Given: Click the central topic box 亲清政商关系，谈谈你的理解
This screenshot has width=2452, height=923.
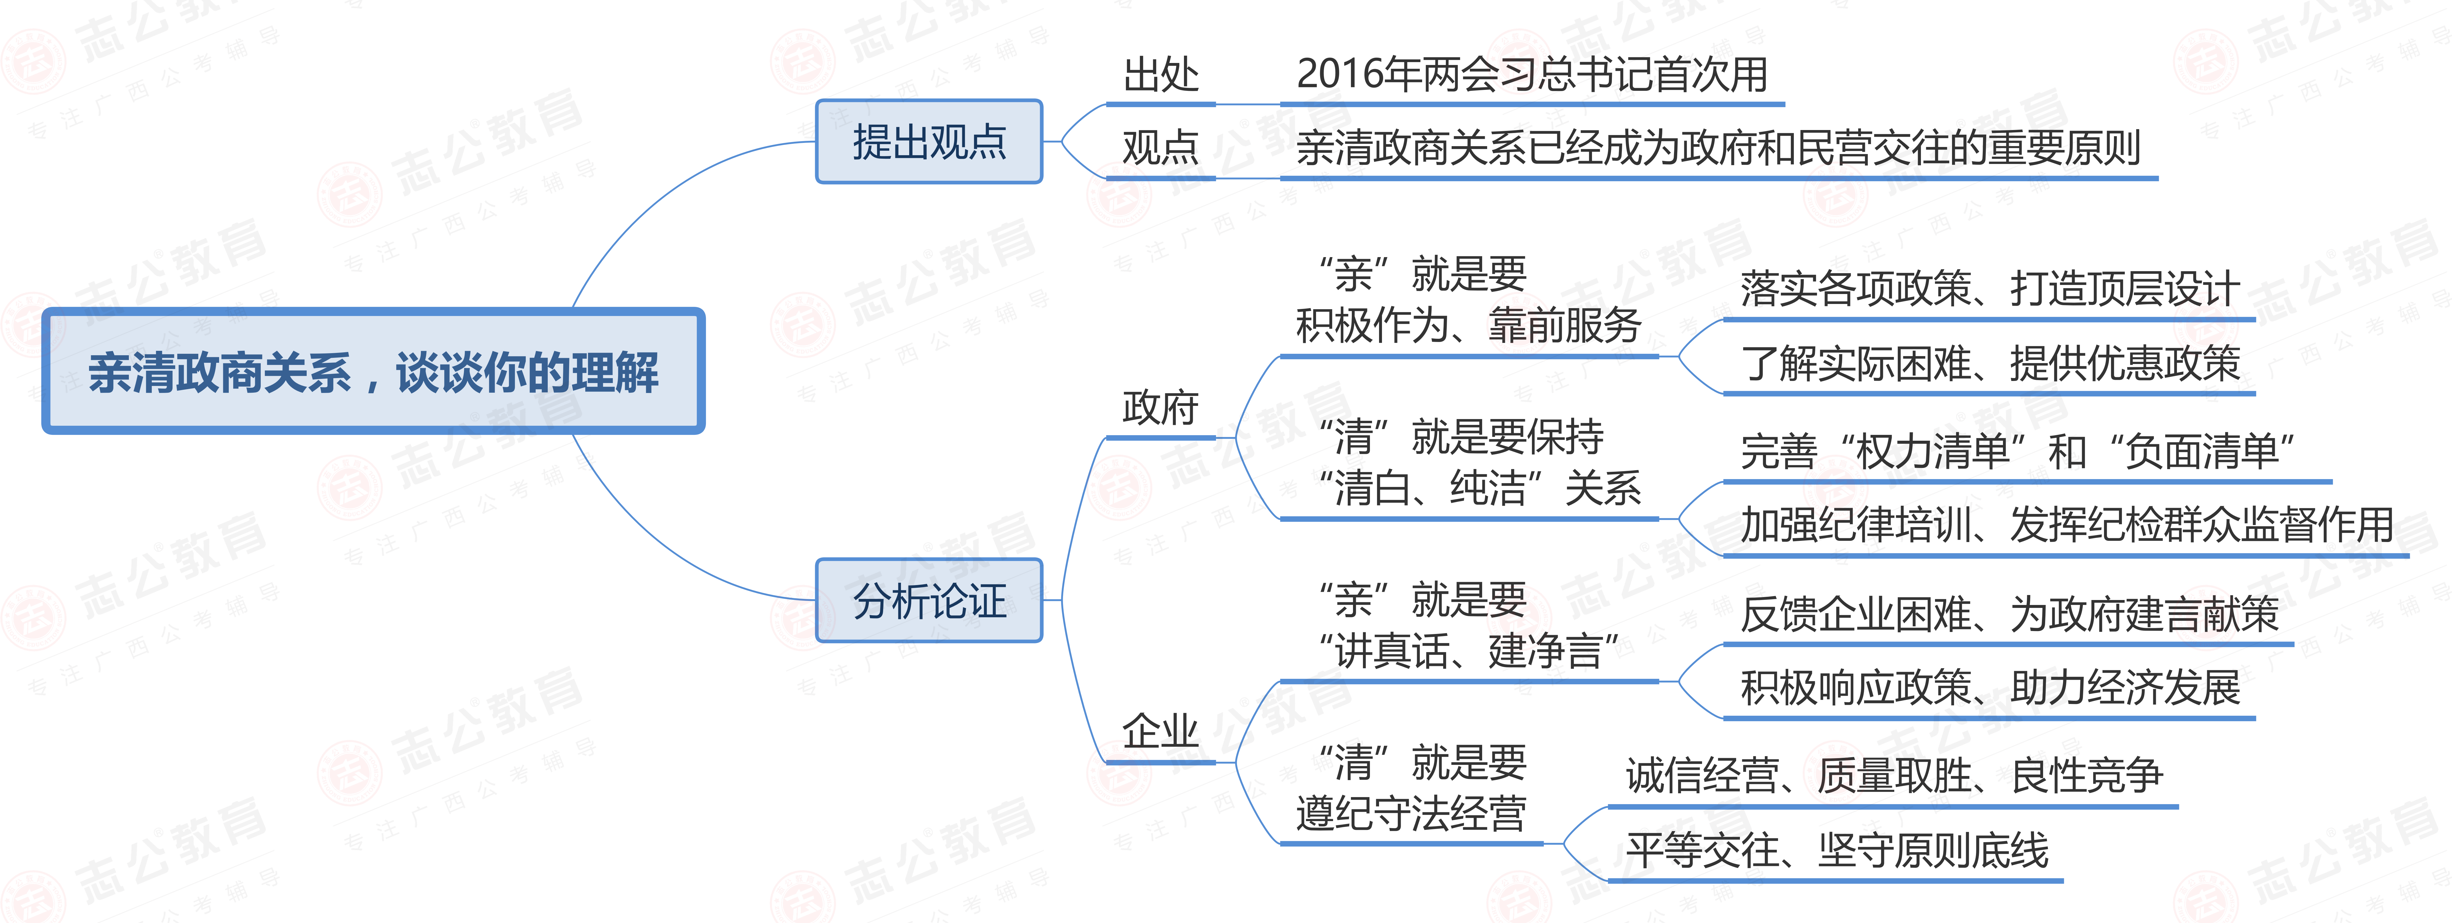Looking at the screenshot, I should [x=373, y=371].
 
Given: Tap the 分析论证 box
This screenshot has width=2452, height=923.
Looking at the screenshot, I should [x=929, y=600].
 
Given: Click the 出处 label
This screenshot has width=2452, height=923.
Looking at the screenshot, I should [x=1160, y=74].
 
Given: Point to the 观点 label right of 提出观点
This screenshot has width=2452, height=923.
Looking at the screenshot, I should [x=1160, y=148].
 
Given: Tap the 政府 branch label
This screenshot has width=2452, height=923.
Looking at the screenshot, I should [x=1160, y=407].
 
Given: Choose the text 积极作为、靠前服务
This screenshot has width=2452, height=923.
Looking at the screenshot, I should [x=1468, y=325].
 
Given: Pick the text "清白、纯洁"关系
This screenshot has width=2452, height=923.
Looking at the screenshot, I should [x=1479, y=488].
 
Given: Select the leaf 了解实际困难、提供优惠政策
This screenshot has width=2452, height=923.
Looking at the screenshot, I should [x=1989, y=363].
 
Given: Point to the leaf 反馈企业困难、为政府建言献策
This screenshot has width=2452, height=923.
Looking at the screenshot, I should [x=2009, y=614].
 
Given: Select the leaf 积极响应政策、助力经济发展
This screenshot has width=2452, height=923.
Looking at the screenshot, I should [x=1989, y=687].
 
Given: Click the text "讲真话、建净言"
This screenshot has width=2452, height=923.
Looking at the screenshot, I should [x=1468, y=651].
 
